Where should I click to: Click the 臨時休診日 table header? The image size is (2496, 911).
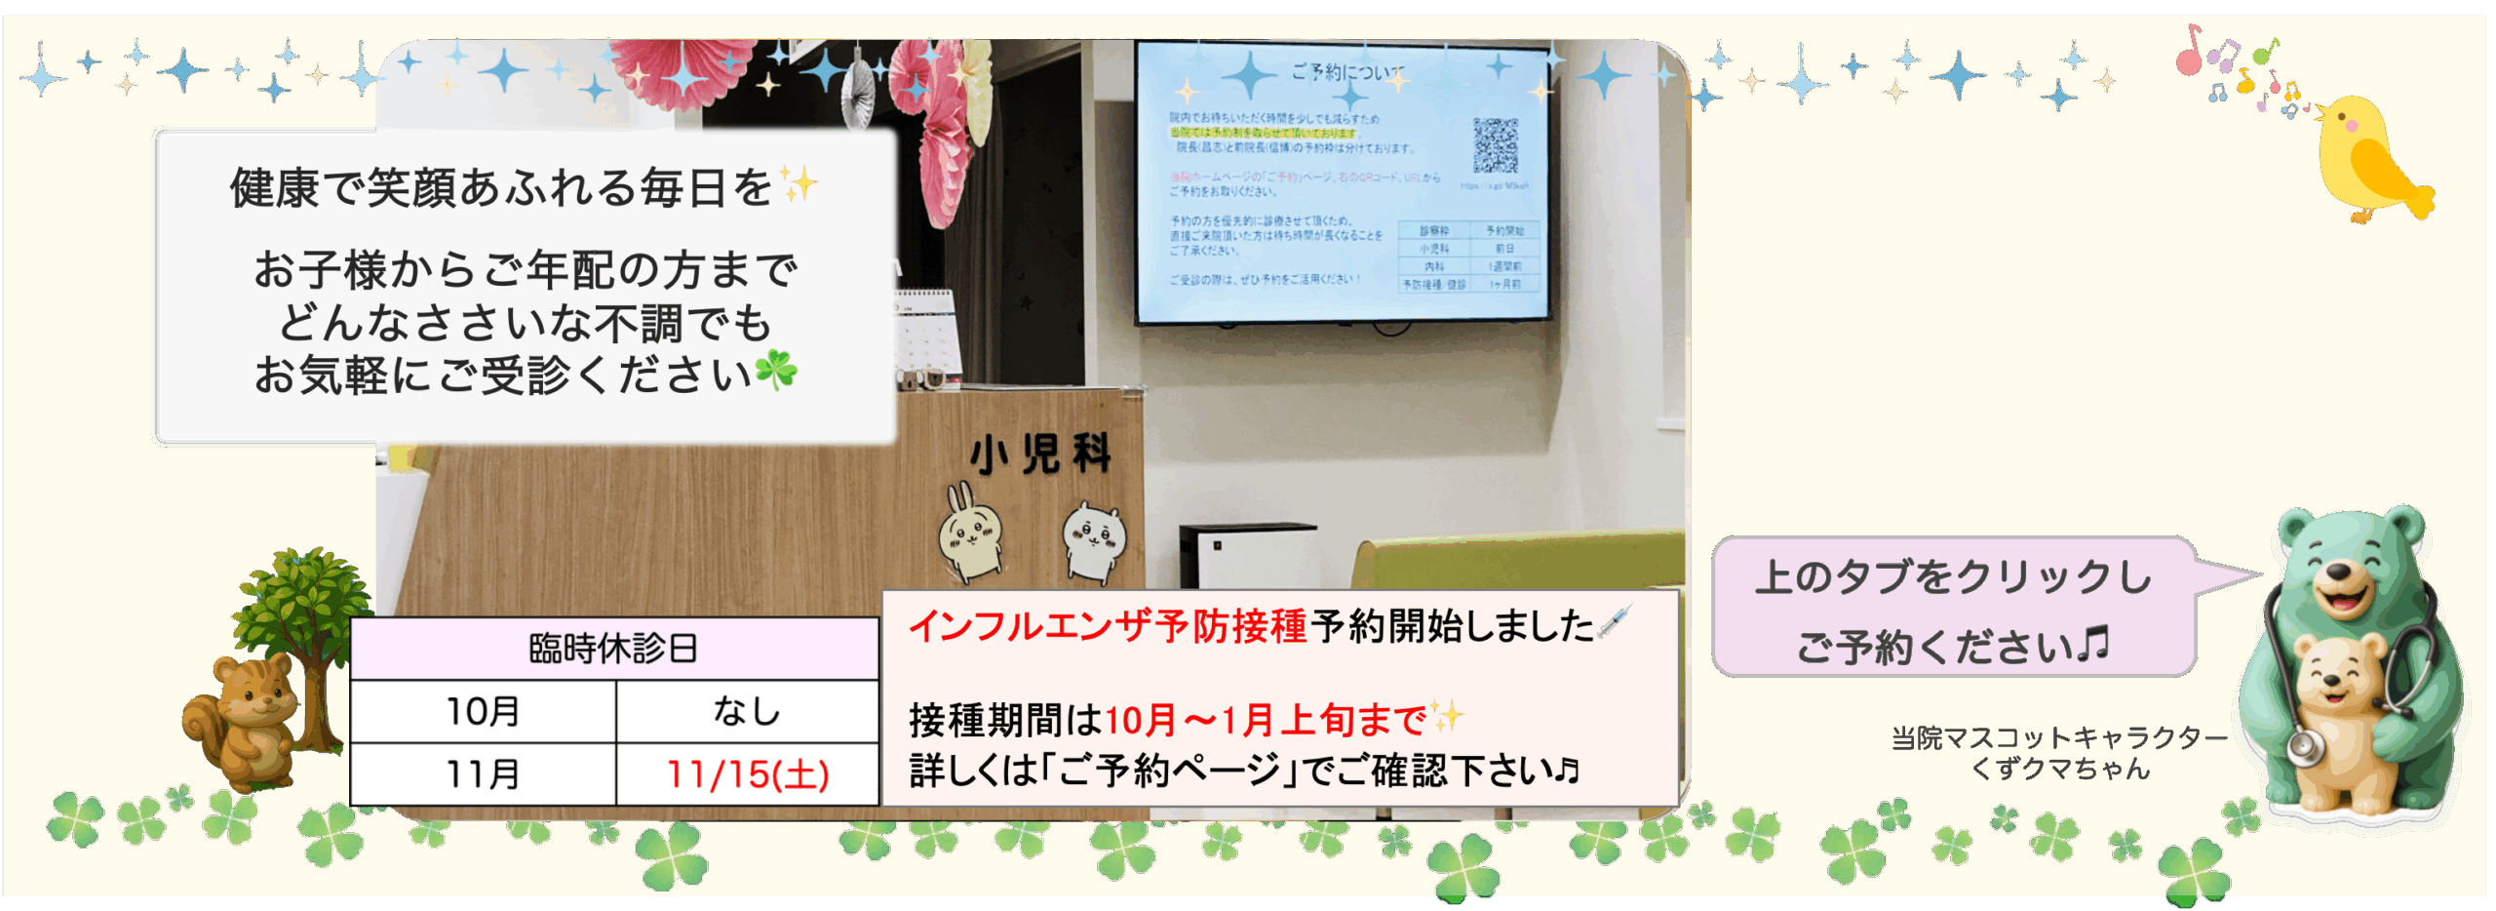(613, 649)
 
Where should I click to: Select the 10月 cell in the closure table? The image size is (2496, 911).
(483, 712)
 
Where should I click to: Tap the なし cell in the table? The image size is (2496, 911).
(747, 712)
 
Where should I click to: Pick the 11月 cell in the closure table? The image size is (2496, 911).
(483, 774)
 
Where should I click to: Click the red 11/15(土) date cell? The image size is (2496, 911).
(748, 774)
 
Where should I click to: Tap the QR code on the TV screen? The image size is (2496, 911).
(1495, 145)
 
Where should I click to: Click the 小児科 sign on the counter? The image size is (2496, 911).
(1040, 455)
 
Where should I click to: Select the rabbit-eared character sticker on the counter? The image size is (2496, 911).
(969, 532)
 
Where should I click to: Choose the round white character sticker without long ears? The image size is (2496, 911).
(1093, 539)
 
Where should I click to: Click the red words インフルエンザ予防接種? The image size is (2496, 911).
(1108, 626)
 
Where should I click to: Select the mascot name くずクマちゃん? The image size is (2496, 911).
(2059, 770)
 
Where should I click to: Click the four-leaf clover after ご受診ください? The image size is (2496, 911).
(776, 371)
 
